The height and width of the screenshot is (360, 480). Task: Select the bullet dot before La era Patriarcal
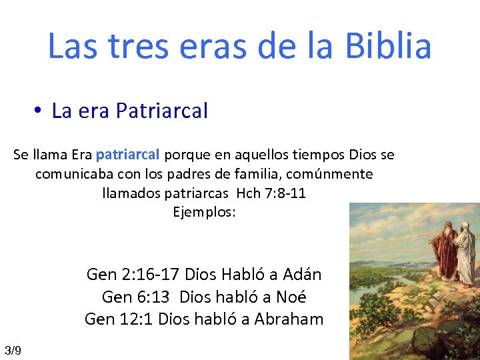(40, 111)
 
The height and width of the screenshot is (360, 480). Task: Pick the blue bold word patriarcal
(127, 155)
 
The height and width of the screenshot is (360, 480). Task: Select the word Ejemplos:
(204, 213)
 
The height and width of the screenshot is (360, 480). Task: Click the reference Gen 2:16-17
(133, 274)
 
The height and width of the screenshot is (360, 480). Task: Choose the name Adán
(302, 274)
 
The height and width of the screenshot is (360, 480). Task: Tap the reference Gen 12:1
(119, 319)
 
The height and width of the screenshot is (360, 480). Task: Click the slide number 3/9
(13, 351)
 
